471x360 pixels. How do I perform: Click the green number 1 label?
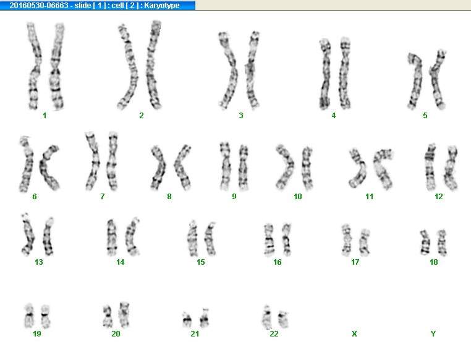click(x=45, y=116)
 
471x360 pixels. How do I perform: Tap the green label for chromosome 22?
click(x=274, y=334)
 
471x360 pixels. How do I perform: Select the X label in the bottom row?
click(x=354, y=334)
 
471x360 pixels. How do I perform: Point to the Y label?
click(x=433, y=334)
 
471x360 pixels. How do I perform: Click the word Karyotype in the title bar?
click(x=161, y=6)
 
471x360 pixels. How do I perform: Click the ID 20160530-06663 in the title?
click(x=39, y=6)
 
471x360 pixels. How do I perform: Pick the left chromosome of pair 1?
click(x=34, y=66)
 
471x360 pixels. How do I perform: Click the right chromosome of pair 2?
click(x=153, y=64)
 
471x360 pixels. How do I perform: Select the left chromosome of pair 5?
click(x=415, y=82)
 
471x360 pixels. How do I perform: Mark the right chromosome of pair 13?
click(x=48, y=236)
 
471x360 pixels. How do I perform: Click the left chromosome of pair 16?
click(x=269, y=240)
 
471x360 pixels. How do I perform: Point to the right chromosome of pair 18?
click(x=442, y=242)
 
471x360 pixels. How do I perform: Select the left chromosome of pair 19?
click(x=29, y=316)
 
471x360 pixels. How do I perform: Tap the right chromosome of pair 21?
click(x=205, y=319)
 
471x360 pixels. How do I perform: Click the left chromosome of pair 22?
click(x=266, y=317)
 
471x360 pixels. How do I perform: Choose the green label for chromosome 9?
click(x=234, y=197)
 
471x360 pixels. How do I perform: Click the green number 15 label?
click(x=201, y=262)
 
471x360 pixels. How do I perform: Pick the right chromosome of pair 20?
click(x=124, y=315)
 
